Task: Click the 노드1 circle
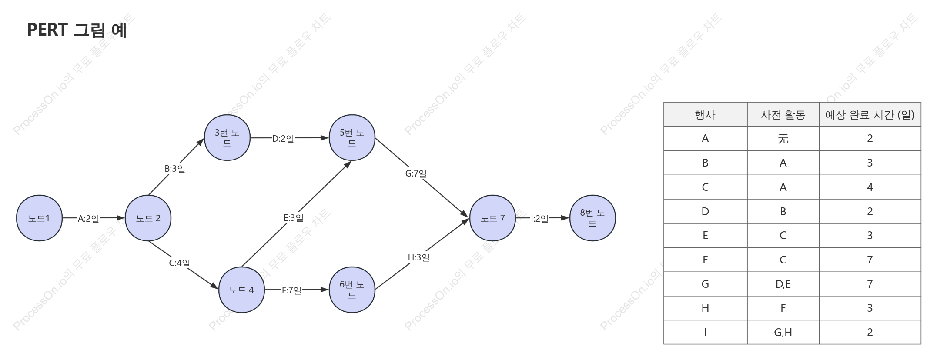[x=39, y=218]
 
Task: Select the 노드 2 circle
[x=148, y=218]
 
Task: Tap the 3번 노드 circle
[x=227, y=138]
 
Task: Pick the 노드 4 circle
[x=241, y=290]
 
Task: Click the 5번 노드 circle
[x=352, y=138]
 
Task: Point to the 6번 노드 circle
[x=352, y=290]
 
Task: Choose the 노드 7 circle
[x=492, y=218]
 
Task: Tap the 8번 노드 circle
[x=592, y=218]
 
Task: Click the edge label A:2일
[x=88, y=218]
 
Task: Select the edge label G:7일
[x=416, y=173]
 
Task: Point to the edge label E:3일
[x=294, y=218]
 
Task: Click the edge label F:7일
[x=291, y=290]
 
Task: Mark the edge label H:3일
[x=418, y=257]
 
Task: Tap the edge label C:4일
[x=179, y=263]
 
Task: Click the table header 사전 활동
[x=783, y=115]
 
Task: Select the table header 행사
[x=705, y=115]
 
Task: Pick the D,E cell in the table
[x=783, y=284]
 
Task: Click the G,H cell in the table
[x=783, y=333]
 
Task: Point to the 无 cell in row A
[x=783, y=139]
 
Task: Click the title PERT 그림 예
[x=77, y=30]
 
